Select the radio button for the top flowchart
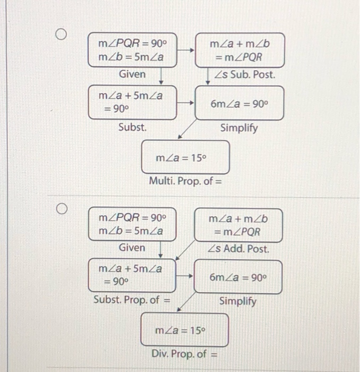click(x=62, y=35)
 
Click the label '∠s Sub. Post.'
click(x=245, y=75)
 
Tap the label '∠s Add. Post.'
click(x=238, y=248)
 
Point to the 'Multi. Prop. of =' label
click(x=185, y=181)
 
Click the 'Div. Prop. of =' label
click(x=185, y=353)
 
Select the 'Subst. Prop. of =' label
click(x=132, y=300)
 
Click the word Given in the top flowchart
click(x=132, y=74)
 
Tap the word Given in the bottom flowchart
click(x=132, y=247)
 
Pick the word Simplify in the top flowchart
click(x=239, y=128)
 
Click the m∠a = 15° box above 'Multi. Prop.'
click(x=185, y=157)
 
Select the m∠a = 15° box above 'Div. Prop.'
click(x=184, y=330)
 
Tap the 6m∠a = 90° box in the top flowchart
click(x=239, y=104)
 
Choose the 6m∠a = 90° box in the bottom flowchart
click(x=237, y=276)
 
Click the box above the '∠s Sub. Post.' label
click(x=240, y=50)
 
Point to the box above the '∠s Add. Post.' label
click(x=239, y=225)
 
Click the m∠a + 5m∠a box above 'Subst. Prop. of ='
click(x=132, y=275)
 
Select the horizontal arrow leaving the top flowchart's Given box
click(x=186, y=50)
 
